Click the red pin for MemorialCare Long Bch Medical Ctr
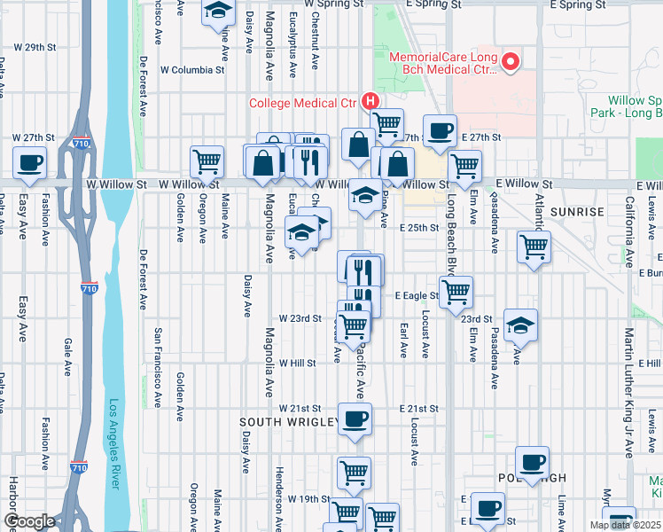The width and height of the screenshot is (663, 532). [511, 62]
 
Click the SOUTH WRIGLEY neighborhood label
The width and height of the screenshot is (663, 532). [289, 422]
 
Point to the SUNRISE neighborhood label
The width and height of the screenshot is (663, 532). [576, 213]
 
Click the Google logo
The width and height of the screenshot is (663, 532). [30, 521]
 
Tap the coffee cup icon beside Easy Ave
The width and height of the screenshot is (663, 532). [30, 163]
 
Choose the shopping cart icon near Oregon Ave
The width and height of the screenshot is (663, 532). [207, 162]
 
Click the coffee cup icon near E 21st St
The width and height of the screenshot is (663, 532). [355, 419]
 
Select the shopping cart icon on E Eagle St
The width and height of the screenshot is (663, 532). [456, 291]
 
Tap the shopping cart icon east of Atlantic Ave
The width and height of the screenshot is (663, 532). [534, 246]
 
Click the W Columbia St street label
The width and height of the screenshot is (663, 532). [192, 69]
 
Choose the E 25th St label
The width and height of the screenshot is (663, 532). [418, 228]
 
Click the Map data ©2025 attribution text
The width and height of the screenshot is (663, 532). [625, 525]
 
